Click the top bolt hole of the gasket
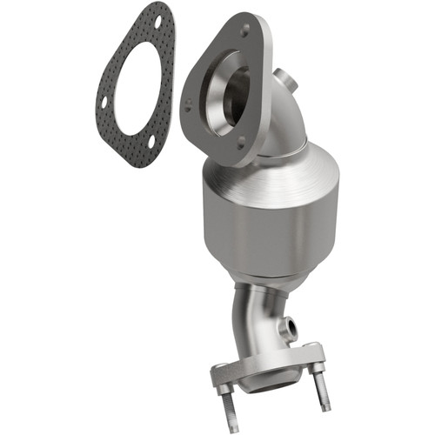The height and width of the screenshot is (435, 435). tap(159, 17)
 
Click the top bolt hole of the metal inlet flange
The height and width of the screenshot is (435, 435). tap(244, 29)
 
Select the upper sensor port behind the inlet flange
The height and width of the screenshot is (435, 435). tap(283, 80)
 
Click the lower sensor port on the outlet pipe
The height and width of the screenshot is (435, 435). tap(286, 331)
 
